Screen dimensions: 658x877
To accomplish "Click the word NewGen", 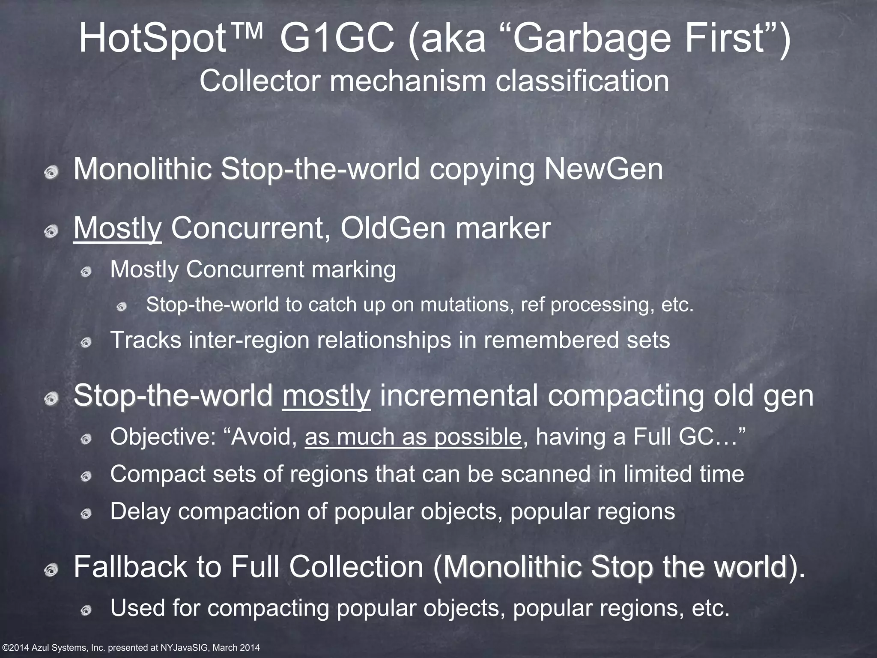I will (x=604, y=169).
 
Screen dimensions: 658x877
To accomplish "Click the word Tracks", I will (x=146, y=340).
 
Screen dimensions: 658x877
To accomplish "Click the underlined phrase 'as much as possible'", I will (x=413, y=437).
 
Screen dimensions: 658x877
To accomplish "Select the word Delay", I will (x=140, y=511).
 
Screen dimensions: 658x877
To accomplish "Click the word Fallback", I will (x=131, y=567).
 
